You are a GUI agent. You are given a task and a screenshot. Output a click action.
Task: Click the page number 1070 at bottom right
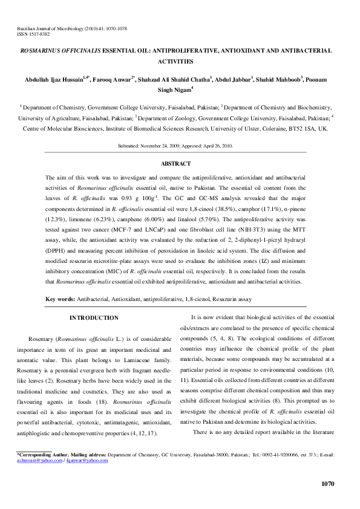point(326,483)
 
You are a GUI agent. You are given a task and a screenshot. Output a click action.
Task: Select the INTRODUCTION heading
point(94,318)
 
